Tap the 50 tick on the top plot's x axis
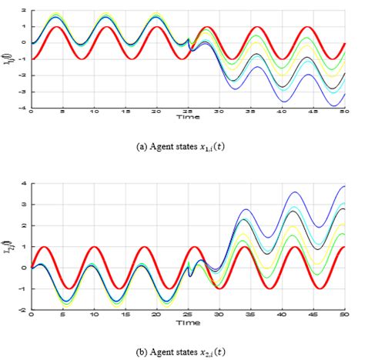[345, 112]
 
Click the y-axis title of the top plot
[9, 59]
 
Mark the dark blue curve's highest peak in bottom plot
[343, 186]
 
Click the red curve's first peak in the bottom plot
[44, 247]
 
